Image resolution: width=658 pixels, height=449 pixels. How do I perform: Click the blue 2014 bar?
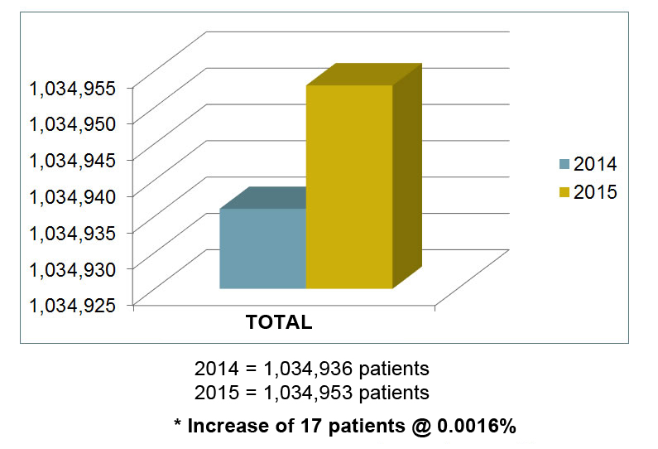[262, 249]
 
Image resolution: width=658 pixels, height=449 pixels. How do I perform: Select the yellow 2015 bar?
[348, 186]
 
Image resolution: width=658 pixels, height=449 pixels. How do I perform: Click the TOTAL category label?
[279, 323]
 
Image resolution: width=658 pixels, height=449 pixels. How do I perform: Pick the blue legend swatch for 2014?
[565, 163]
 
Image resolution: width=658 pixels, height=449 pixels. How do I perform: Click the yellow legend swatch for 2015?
[565, 192]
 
